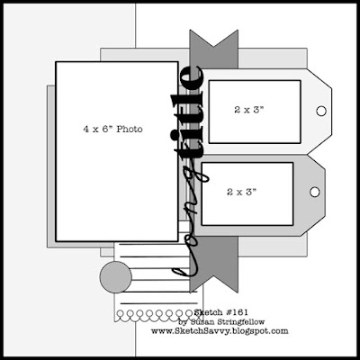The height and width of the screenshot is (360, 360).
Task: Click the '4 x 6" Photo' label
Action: [112, 130]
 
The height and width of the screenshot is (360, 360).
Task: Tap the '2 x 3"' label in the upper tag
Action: [249, 110]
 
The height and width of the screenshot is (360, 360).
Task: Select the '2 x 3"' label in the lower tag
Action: [242, 192]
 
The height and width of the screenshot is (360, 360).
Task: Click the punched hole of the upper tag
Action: [321, 111]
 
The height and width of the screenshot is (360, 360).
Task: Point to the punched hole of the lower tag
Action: [315, 192]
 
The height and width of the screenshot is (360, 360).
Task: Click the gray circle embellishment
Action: [116, 277]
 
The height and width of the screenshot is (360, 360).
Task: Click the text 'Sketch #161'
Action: [221, 312]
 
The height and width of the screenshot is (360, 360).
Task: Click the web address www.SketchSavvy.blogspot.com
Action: [220, 331]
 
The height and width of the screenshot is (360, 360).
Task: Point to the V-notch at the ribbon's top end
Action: [213, 47]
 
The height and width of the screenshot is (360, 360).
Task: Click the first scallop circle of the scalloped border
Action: [121, 314]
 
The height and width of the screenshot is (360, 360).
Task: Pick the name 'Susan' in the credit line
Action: [199, 322]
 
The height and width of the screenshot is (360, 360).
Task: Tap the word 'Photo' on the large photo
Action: [130, 130]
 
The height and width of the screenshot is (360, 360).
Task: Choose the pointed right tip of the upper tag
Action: [332, 111]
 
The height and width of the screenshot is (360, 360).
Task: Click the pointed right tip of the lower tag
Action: [325, 192]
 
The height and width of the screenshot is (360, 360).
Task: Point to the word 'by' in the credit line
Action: [182, 323]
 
